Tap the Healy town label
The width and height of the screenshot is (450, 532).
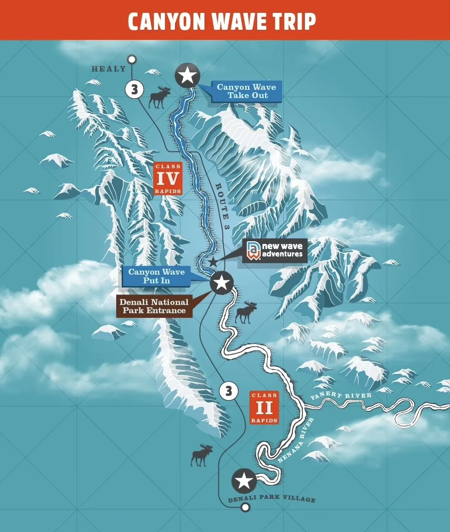click(108, 69)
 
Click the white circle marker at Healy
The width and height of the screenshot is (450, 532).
click(132, 59)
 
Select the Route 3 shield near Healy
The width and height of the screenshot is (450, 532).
click(134, 89)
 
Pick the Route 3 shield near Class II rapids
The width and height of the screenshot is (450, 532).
click(228, 391)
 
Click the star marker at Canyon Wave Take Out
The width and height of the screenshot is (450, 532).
click(187, 75)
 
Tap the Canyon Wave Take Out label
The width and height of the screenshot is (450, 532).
click(246, 91)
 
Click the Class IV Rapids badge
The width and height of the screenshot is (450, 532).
click(167, 178)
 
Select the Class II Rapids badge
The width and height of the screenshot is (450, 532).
click(264, 407)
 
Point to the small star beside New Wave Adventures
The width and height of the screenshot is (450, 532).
click(213, 262)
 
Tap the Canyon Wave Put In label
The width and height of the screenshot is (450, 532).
click(157, 276)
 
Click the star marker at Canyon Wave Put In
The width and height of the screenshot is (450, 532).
click(221, 283)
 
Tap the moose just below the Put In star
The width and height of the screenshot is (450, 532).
click(246, 312)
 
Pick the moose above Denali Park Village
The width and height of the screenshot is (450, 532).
click(202, 455)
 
